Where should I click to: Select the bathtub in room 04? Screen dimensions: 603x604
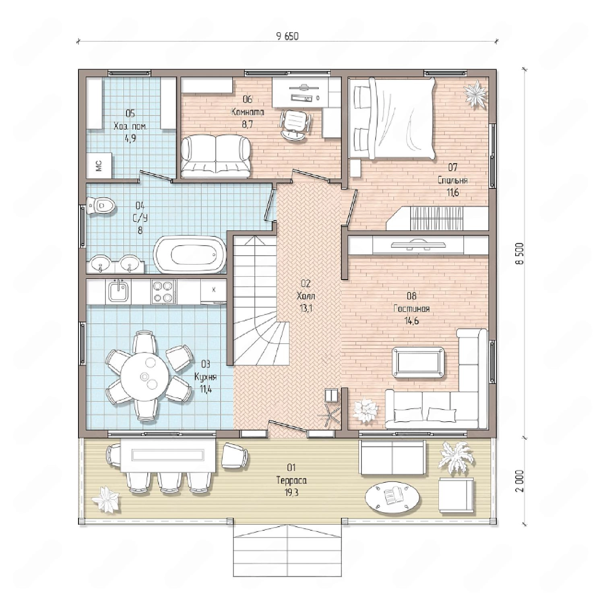tap(190, 254)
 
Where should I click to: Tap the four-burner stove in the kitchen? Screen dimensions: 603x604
tap(163, 292)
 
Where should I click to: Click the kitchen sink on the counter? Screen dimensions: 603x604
tap(118, 291)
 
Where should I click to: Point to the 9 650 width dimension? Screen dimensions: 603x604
tap(287, 36)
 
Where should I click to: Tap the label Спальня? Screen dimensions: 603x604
tap(452, 180)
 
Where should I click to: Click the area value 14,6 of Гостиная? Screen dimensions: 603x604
tap(411, 321)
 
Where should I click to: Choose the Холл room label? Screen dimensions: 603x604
tap(306, 296)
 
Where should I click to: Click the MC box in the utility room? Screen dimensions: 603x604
tap(99, 165)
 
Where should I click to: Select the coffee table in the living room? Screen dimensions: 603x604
tap(419, 362)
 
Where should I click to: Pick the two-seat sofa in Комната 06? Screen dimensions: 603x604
tap(216, 157)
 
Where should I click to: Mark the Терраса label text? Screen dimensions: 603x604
tap(291, 480)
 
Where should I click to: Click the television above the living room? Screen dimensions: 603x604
tap(419, 244)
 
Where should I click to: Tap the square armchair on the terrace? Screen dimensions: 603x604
tap(456, 495)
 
